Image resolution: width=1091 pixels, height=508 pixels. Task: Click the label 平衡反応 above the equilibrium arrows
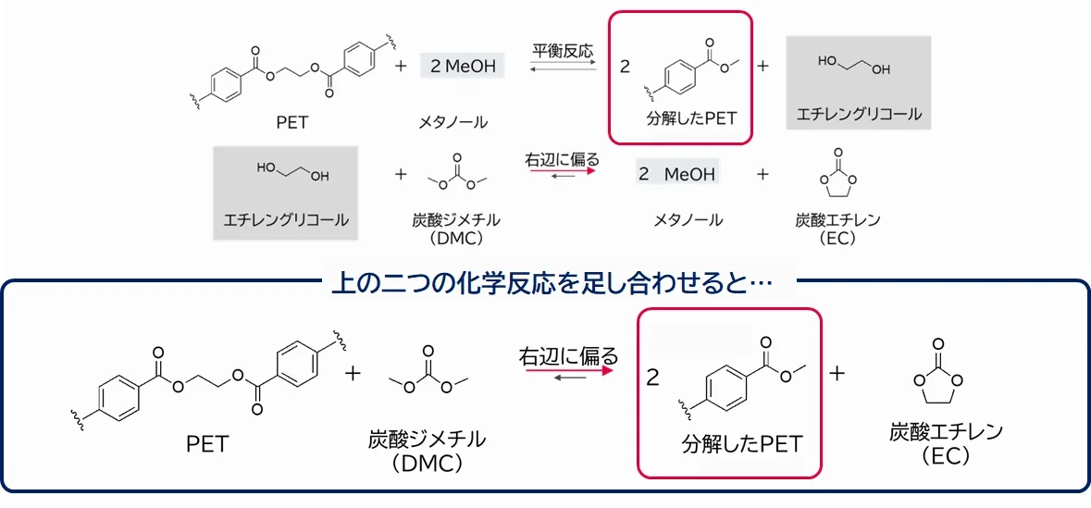click(x=563, y=51)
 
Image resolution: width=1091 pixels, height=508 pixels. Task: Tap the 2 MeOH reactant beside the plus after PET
click(x=463, y=66)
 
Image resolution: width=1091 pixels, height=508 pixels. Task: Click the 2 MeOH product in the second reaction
click(x=677, y=174)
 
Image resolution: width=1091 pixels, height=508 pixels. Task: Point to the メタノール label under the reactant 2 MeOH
click(x=453, y=121)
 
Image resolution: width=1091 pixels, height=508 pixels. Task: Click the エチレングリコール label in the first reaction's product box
click(x=859, y=116)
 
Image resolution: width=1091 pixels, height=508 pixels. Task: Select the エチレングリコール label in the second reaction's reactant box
click(x=286, y=219)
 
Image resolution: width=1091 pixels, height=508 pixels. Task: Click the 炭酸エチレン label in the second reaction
click(x=837, y=220)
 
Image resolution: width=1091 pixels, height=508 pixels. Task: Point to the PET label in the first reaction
click(x=291, y=121)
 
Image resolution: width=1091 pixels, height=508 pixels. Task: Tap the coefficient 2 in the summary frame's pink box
click(x=653, y=378)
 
